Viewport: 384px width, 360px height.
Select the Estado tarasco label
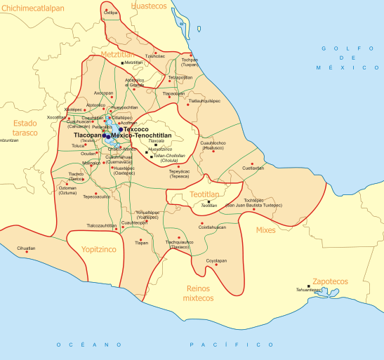click(x=25, y=127)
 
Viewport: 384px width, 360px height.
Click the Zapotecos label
click(x=330, y=281)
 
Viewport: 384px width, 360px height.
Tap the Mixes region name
click(x=266, y=229)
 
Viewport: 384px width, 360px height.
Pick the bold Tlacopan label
click(x=88, y=135)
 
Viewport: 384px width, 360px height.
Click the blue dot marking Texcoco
click(x=121, y=129)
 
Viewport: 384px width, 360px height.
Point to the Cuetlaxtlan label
click(x=253, y=168)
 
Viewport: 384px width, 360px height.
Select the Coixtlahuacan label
click(x=212, y=227)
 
